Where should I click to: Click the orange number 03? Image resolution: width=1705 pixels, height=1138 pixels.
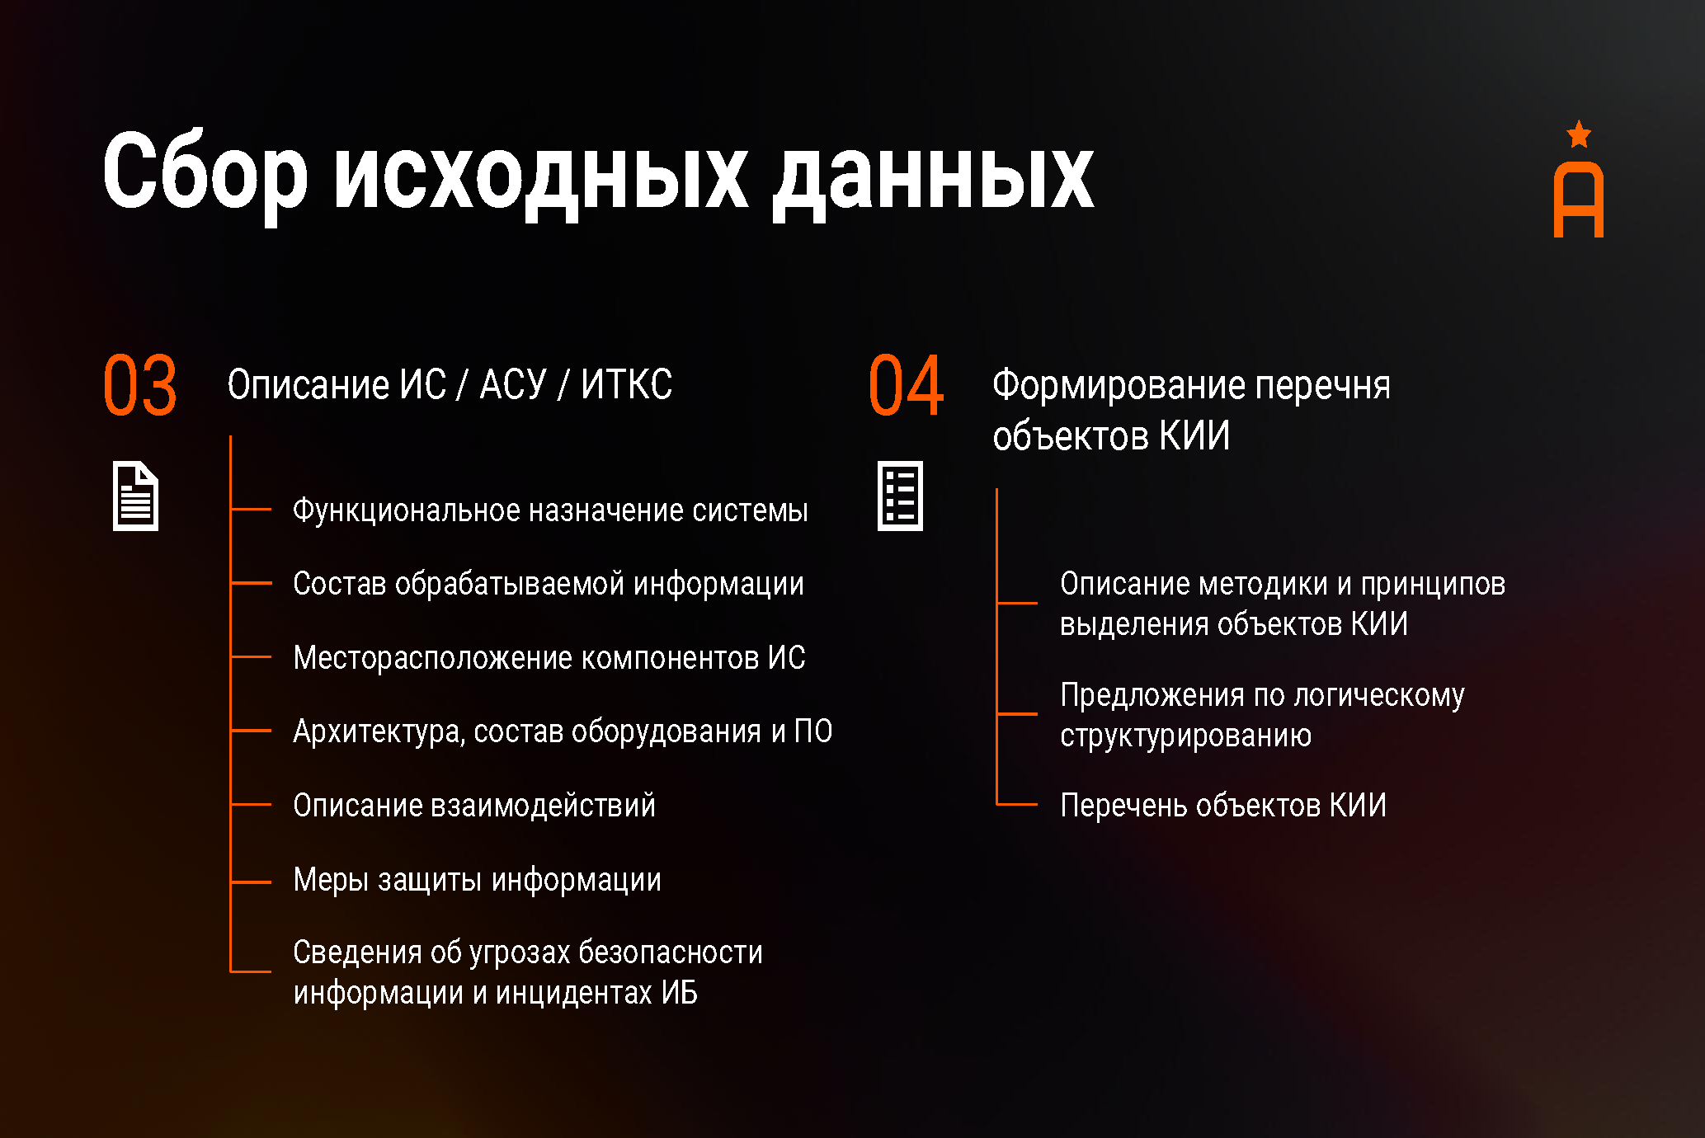coord(140,385)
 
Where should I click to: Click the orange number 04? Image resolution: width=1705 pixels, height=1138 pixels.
coord(906,385)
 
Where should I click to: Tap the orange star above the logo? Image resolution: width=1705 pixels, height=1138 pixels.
coord(1579,134)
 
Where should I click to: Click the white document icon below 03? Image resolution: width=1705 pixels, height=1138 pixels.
coord(135,496)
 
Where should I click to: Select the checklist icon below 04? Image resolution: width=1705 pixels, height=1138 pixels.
coord(900,496)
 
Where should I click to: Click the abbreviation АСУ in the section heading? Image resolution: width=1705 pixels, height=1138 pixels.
coord(513,385)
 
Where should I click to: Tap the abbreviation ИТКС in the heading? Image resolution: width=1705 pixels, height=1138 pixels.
coord(626,384)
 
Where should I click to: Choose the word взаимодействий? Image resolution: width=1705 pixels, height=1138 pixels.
coord(543,806)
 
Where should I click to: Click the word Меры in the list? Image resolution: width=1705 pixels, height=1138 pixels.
coord(331,880)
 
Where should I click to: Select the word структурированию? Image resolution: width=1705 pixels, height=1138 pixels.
coord(1185,736)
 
